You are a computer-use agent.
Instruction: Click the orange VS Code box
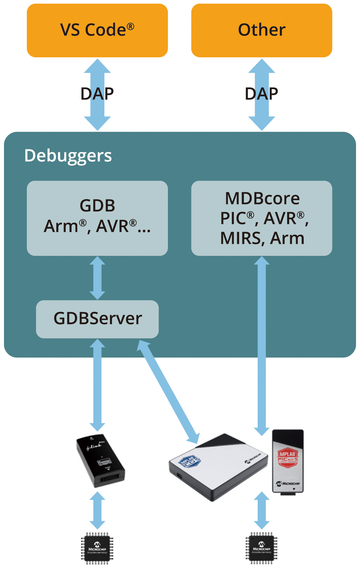pyautogui.click(x=97, y=30)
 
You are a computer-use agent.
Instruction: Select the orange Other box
pyautogui.click(x=262, y=30)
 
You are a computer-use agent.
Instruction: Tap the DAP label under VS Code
pyautogui.click(x=97, y=94)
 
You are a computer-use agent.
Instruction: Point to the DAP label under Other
pyautogui.click(x=261, y=94)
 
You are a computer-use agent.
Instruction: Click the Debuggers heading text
pyautogui.click(x=68, y=156)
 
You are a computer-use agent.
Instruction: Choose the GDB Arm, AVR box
pyautogui.click(x=97, y=218)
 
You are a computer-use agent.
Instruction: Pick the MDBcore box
pyautogui.click(x=262, y=218)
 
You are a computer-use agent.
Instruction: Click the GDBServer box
pyautogui.click(x=97, y=319)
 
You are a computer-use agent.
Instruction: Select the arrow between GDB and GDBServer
pyautogui.click(x=97, y=278)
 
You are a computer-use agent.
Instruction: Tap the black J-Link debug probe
pyautogui.click(x=101, y=461)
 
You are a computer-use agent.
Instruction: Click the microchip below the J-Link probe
pyautogui.click(x=97, y=548)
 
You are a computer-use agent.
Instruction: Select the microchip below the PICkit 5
pyautogui.click(x=261, y=548)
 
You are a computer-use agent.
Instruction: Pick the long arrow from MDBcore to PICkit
pyautogui.click(x=262, y=345)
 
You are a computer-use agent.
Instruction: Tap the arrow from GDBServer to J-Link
pyautogui.click(x=97, y=384)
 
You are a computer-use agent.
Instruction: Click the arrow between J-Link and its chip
pyautogui.click(x=97, y=510)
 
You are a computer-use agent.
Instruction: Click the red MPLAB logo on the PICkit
pyautogui.click(x=287, y=455)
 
